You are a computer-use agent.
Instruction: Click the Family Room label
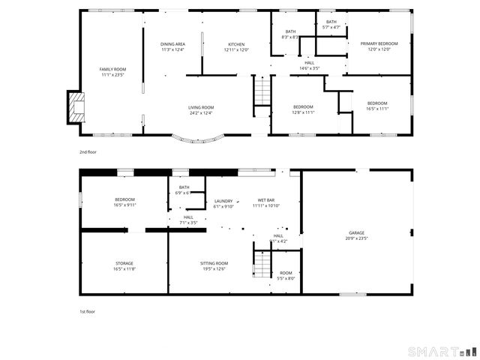[112, 69]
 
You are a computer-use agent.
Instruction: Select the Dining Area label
[172, 44]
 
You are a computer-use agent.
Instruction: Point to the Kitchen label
[236, 44]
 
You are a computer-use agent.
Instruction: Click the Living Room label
[201, 108]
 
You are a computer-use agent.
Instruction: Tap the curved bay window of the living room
[199, 139]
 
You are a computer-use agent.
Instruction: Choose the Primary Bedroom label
[378, 44]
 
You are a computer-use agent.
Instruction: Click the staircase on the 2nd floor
[260, 94]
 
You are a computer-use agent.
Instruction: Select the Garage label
[356, 233]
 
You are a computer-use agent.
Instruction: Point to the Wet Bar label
[267, 201]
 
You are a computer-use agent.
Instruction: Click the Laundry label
[223, 201]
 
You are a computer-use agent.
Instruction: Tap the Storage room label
[124, 263]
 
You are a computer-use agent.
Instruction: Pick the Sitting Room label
[214, 263]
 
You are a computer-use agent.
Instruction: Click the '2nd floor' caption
[88, 152]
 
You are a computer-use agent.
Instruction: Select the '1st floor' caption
[88, 311]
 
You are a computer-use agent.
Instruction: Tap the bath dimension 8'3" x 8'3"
[290, 37]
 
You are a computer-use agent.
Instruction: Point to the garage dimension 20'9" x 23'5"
[356, 238]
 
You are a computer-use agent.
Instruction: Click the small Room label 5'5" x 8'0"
[286, 278]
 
